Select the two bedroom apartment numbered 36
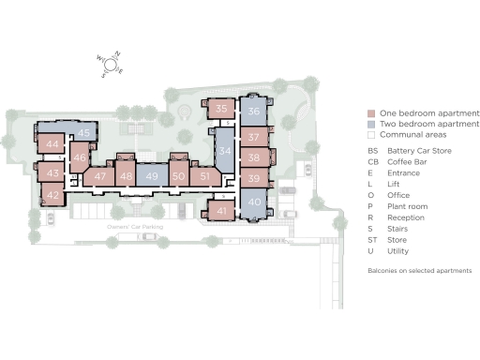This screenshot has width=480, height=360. pyautogui.click(x=253, y=112)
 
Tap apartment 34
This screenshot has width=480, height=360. pyautogui.click(x=225, y=151)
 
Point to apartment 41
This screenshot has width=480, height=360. pyautogui.click(x=221, y=212)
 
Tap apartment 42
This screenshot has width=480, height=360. pyautogui.click(x=53, y=195)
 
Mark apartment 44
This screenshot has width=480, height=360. pyautogui.click(x=52, y=144)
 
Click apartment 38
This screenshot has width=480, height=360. pyautogui.click(x=253, y=157)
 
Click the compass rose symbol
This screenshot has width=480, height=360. pyautogui.click(x=111, y=65)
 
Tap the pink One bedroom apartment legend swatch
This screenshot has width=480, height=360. pyautogui.click(x=370, y=112)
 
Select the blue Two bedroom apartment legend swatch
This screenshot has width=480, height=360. pyautogui.click(x=370, y=124)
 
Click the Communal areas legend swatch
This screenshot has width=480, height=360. pyautogui.click(x=370, y=135)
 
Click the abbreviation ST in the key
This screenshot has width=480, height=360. pyautogui.click(x=372, y=239)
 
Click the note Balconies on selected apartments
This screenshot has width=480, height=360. pyautogui.click(x=418, y=270)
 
